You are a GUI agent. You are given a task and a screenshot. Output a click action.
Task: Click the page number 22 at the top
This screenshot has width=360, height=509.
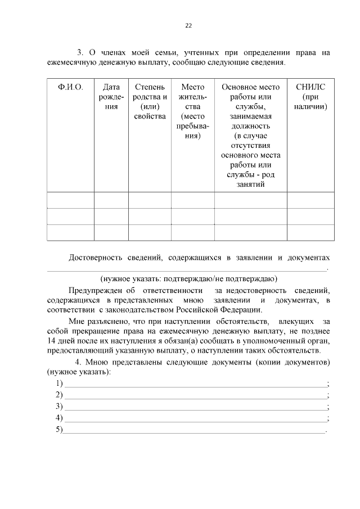point(188,25)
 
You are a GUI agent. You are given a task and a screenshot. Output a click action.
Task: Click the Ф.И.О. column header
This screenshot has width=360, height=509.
point(70,87)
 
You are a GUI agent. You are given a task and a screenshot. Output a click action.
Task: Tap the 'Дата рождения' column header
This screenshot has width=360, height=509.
point(112,96)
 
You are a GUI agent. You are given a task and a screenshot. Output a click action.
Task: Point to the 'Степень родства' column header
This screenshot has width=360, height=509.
point(150,101)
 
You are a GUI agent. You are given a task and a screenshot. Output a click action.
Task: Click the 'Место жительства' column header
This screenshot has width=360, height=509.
point(193,111)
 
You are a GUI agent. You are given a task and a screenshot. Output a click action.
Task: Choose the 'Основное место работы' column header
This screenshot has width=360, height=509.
point(250,136)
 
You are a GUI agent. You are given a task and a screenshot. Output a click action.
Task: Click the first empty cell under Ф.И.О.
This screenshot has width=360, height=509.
point(70,200)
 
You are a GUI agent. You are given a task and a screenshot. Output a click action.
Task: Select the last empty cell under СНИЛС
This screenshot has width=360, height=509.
point(310,232)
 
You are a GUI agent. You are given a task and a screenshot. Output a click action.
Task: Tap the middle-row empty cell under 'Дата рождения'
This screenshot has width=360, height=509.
point(112,217)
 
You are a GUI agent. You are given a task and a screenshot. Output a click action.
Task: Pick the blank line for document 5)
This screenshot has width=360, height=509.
point(193,431)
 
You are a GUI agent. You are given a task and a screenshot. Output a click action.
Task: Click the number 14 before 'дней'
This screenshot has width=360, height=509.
point(52,341)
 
